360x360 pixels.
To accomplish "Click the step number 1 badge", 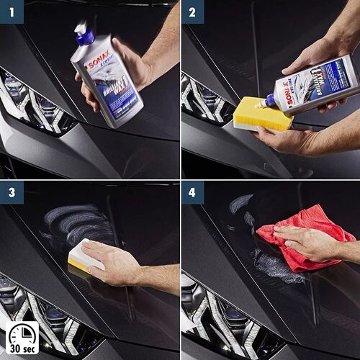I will click(x=12, y=12).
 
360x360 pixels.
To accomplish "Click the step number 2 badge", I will click(x=192, y=12).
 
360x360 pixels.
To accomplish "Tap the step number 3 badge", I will click(x=12, y=193).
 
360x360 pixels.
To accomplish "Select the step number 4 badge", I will click(x=192, y=193).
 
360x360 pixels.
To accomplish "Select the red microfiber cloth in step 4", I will click(x=306, y=234).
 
